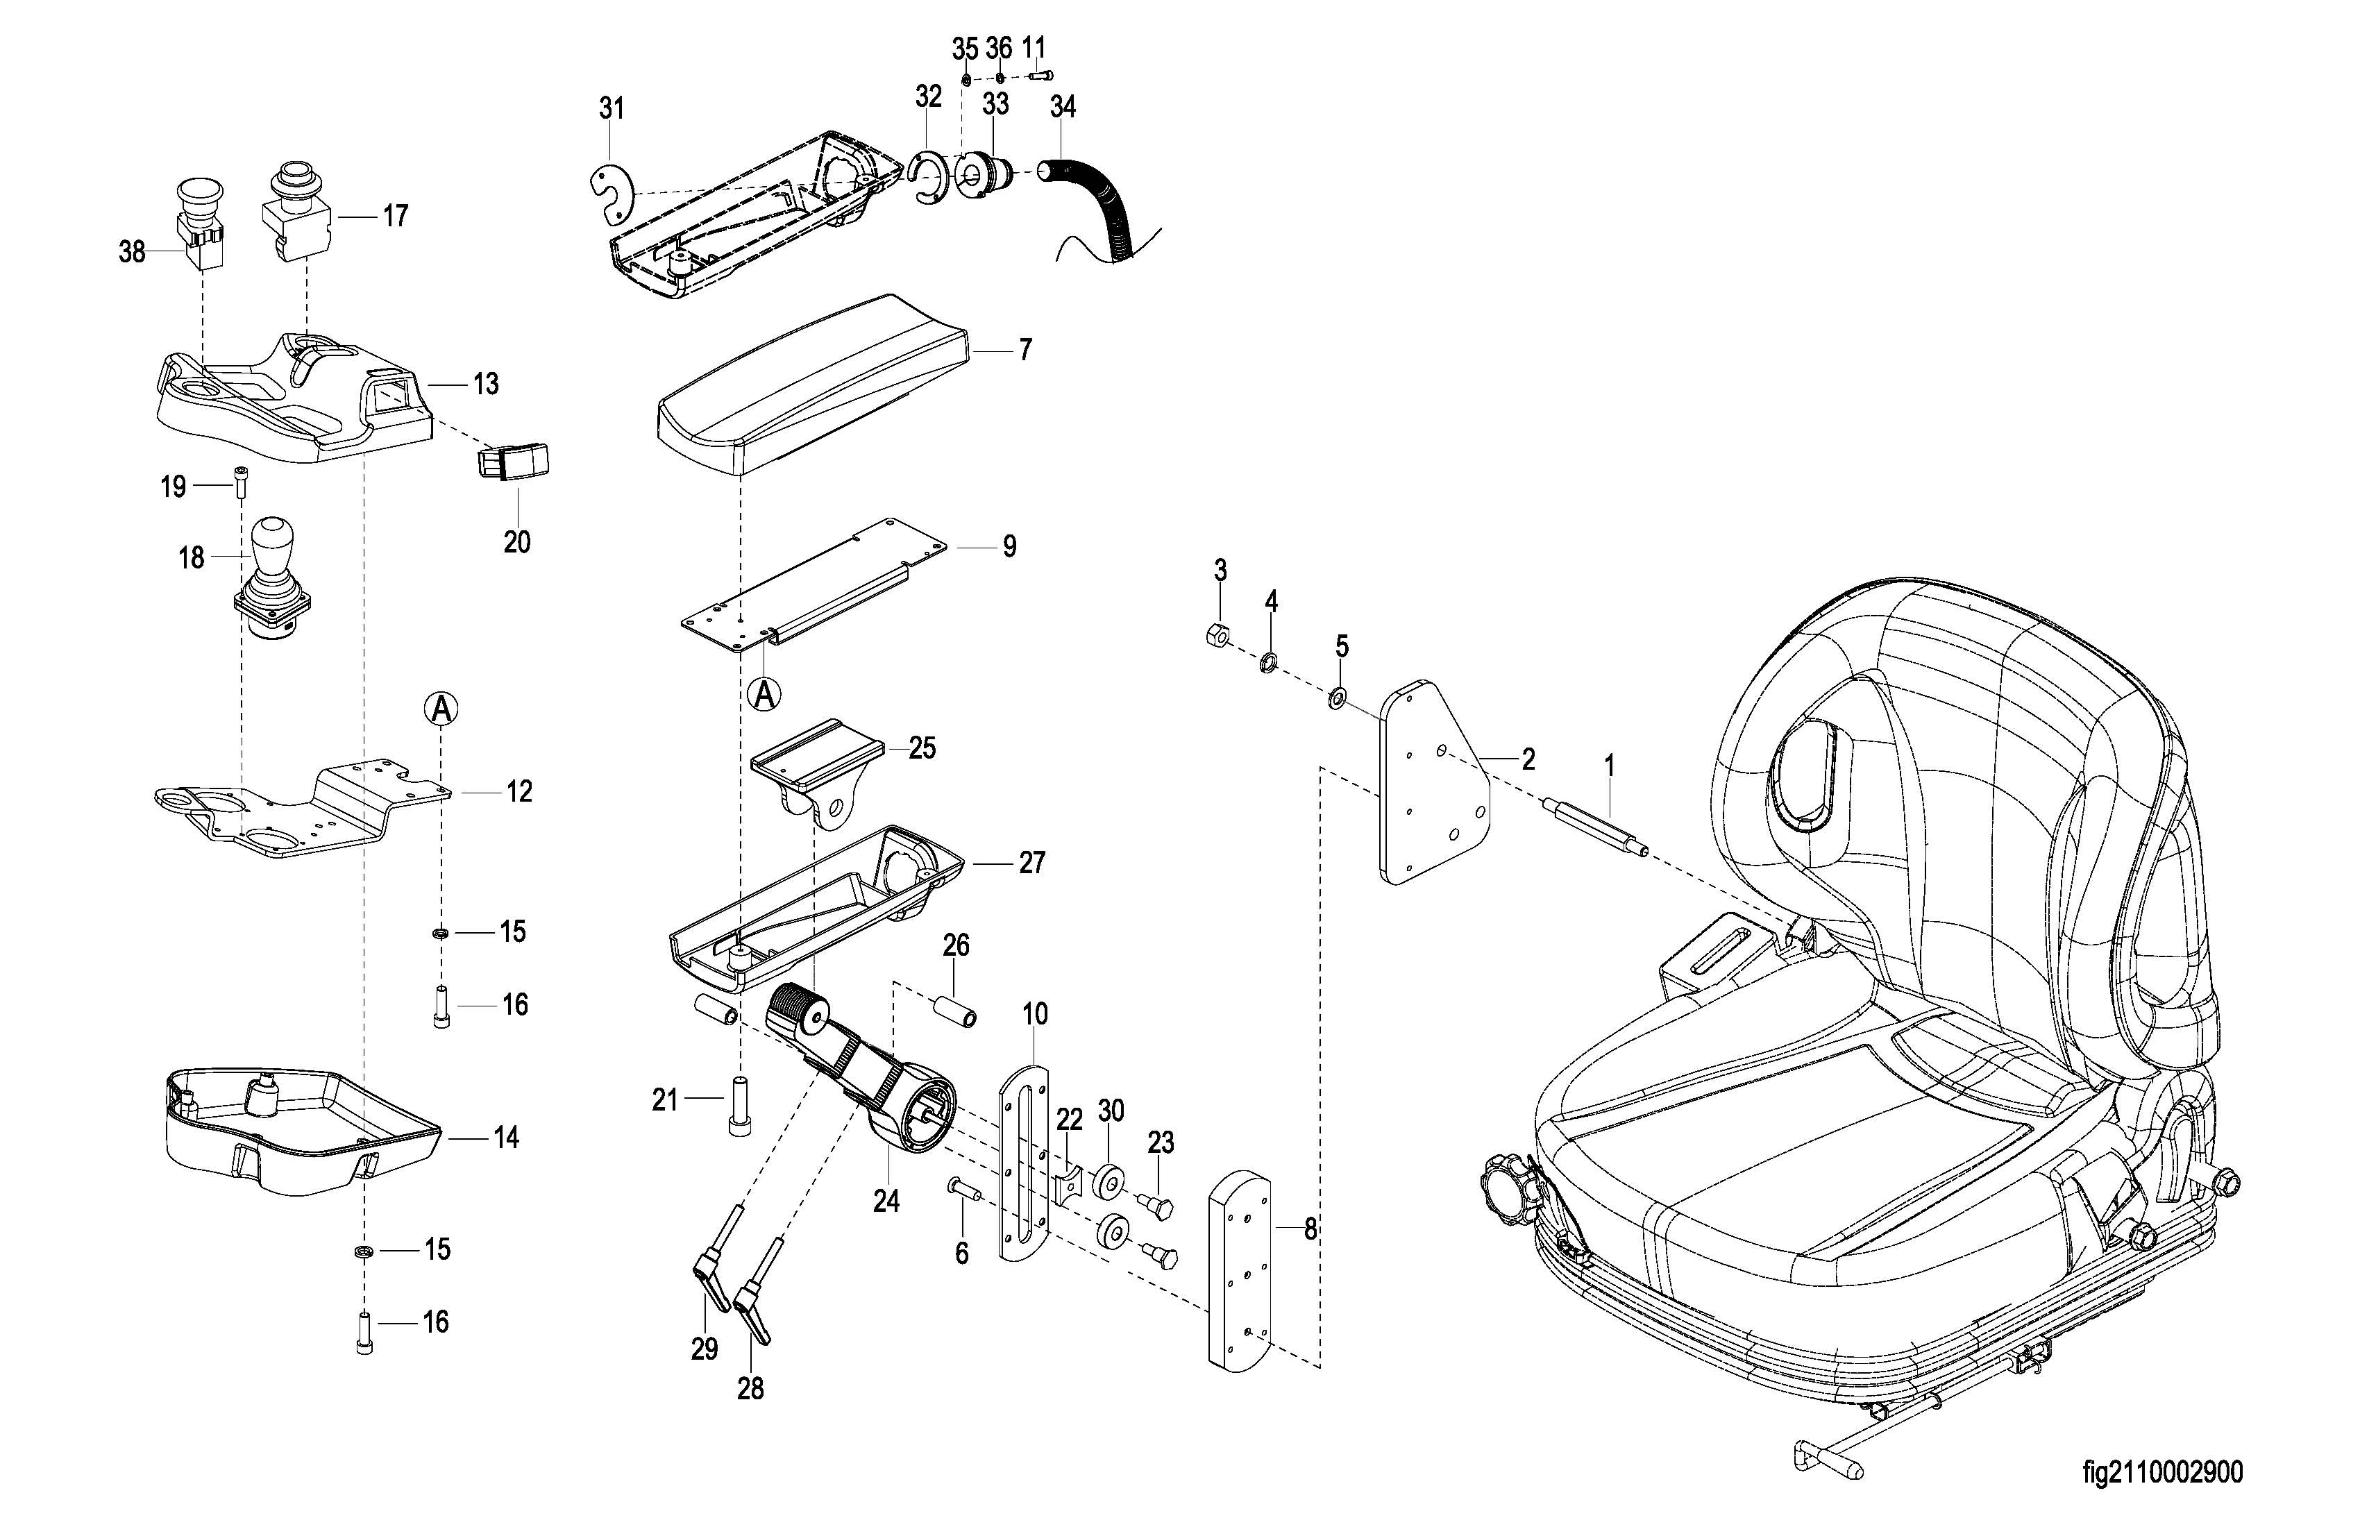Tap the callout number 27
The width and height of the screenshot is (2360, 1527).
(x=1031, y=863)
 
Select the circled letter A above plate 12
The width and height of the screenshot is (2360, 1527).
(x=442, y=708)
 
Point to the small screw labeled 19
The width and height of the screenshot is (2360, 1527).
(x=241, y=482)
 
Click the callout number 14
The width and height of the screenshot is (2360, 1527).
(x=506, y=1138)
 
